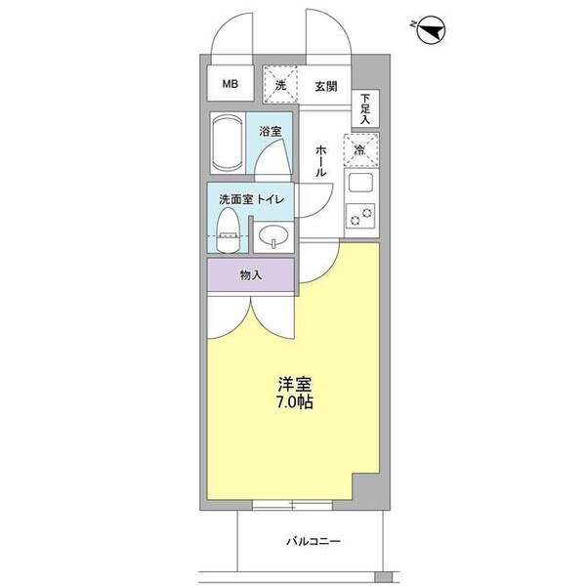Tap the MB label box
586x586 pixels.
230,84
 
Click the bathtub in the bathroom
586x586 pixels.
229,143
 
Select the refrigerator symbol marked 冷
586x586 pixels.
360,150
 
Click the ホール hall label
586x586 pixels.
320,160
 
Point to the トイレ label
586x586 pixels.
271,200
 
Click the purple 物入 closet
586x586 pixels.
250,274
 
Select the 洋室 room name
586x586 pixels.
294,384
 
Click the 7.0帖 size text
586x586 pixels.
294,402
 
